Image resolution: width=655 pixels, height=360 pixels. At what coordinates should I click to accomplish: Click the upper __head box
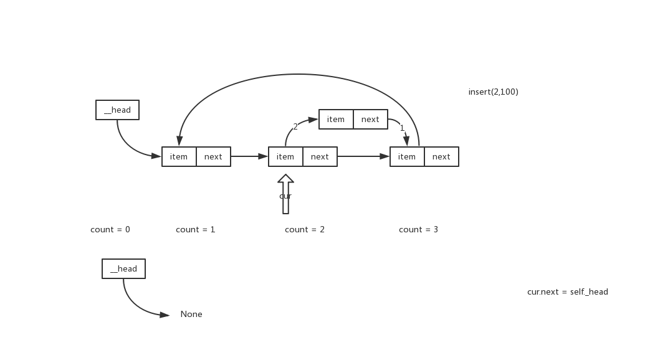pos(117,110)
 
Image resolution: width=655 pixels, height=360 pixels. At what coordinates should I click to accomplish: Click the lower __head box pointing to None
pos(123,269)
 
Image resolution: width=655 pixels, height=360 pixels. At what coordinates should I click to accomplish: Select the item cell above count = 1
pos(179,157)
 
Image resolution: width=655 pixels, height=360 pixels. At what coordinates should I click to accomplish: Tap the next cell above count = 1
pos(213,157)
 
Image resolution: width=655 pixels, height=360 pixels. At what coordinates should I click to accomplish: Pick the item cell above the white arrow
pos(285,157)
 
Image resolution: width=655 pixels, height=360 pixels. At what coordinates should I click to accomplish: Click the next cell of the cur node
pos(320,157)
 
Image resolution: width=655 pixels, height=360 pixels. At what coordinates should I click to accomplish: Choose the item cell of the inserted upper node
pos(336,120)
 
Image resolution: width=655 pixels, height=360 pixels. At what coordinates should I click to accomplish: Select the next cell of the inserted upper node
pos(370,120)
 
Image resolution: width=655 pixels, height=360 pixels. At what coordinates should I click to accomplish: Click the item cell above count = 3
pos(407,157)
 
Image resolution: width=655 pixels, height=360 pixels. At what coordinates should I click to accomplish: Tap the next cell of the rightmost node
pos(441,157)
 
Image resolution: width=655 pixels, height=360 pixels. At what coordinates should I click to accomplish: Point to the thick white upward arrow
pos(285,194)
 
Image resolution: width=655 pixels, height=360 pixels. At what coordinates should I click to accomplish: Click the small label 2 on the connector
pos(295,126)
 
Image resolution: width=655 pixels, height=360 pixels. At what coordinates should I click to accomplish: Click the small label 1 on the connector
pos(402,128)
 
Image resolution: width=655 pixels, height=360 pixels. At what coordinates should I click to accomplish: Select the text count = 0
pos(110,230)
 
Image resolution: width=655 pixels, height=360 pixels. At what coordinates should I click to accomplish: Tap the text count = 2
pos(305,230)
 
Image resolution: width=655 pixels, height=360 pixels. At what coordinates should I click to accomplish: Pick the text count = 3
pos(418,230)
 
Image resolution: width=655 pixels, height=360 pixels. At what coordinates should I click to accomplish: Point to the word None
pos(191,315)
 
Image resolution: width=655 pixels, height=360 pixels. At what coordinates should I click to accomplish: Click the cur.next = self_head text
pos(567,292)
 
